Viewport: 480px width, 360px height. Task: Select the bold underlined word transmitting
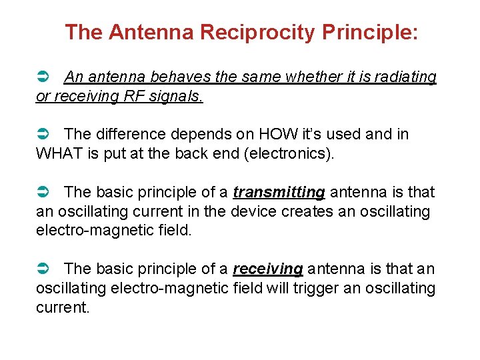coord(279,193)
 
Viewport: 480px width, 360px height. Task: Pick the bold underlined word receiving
coord(268,269)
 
